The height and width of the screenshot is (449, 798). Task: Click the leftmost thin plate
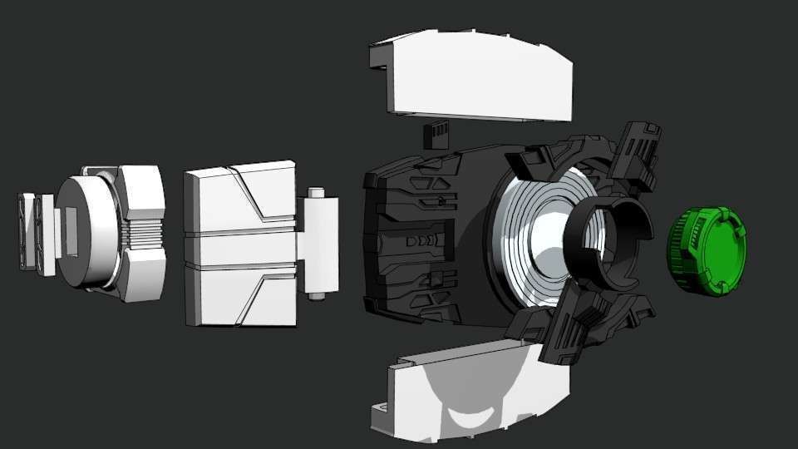point(27,232)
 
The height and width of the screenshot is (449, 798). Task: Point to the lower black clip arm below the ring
point(574,328)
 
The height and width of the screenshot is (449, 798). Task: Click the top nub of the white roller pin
point(316,193)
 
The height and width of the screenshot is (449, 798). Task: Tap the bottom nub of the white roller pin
point(315,294)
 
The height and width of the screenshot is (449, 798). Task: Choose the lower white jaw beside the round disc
point(141,279)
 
